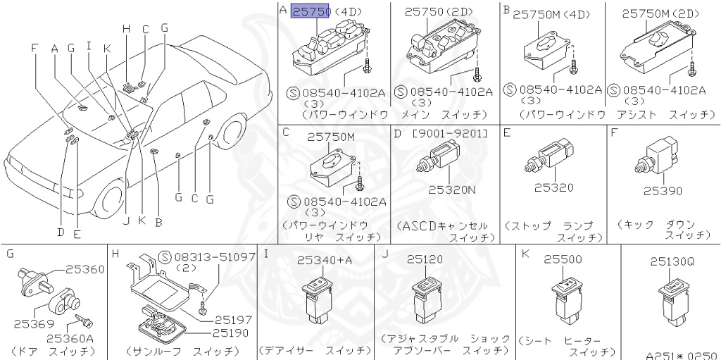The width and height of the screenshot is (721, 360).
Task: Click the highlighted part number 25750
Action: [x=311, y=11]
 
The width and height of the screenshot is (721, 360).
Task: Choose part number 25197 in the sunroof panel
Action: [x=233, y=320]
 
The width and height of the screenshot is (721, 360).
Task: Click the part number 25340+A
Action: [x=325, y=260]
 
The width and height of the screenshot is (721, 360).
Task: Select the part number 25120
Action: [x=425, y=259]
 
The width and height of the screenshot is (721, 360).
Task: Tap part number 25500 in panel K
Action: [x=563, y=259]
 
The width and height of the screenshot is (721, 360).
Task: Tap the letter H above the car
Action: [x=126, y=29]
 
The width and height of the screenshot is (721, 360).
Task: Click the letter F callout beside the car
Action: [x=35, y=48]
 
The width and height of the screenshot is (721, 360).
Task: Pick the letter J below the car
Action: [x=125, y=221]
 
